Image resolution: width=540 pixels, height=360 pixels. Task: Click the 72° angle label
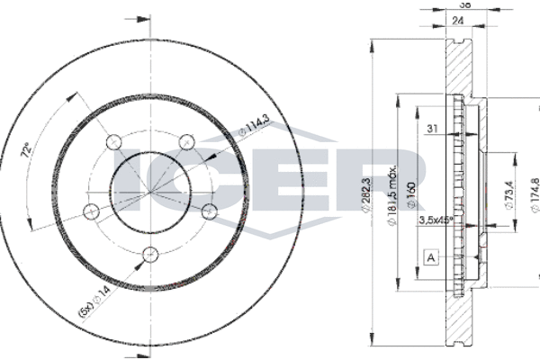(27, 150)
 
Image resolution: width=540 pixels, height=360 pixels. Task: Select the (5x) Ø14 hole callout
(94, 301)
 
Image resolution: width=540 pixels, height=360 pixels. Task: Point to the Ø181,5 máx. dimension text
(392, 194)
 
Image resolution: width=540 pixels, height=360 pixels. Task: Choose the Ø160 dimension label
(411, 195)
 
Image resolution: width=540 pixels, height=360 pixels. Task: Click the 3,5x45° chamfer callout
(436, 220)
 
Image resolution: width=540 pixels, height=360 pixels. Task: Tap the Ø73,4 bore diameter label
(509, 195)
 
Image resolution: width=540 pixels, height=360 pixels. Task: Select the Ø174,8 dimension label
(535, 195)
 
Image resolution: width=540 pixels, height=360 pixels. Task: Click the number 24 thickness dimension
(457, 21)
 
